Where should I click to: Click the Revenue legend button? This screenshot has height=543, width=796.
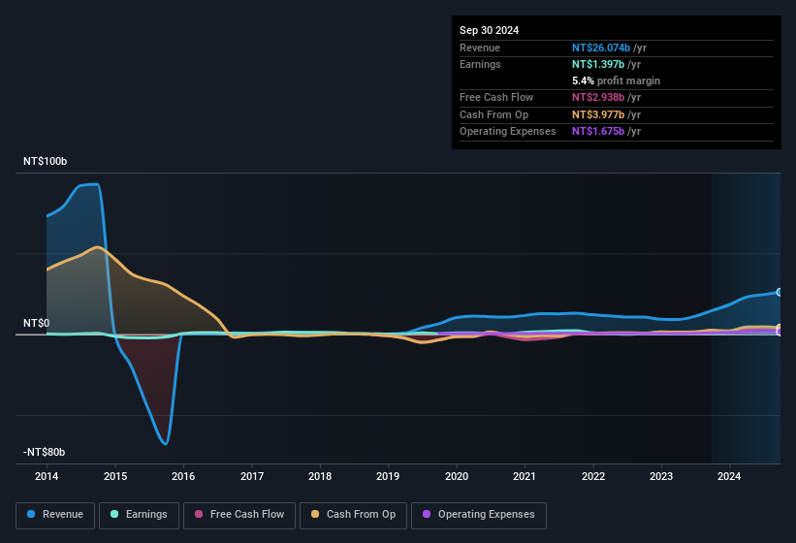pos(55,514)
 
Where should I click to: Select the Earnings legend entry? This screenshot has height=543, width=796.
pos(139,514)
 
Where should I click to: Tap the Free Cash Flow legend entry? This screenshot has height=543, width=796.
pos(239,514)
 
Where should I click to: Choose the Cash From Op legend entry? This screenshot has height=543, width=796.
pos(353,514)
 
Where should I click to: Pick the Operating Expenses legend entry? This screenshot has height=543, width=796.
pos(479,514)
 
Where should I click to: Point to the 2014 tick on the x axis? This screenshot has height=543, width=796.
pos(47,476)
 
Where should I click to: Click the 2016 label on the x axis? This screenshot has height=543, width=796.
pos(183,476)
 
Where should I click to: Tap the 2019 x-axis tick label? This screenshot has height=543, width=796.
pos(388,476)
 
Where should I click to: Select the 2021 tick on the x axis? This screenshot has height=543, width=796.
pos(525,476)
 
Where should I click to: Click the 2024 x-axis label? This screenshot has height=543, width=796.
pos(729,476)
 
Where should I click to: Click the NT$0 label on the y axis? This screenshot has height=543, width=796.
pos(37,323)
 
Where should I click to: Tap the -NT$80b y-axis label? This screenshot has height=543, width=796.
pos(44,452)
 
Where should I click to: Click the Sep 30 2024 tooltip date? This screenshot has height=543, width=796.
pos(489,30)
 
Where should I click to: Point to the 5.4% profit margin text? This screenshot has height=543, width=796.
pos(616,80)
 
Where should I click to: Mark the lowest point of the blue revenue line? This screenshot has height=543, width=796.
pos(166,444)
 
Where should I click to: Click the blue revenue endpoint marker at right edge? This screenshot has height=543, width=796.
pos(780,292)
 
